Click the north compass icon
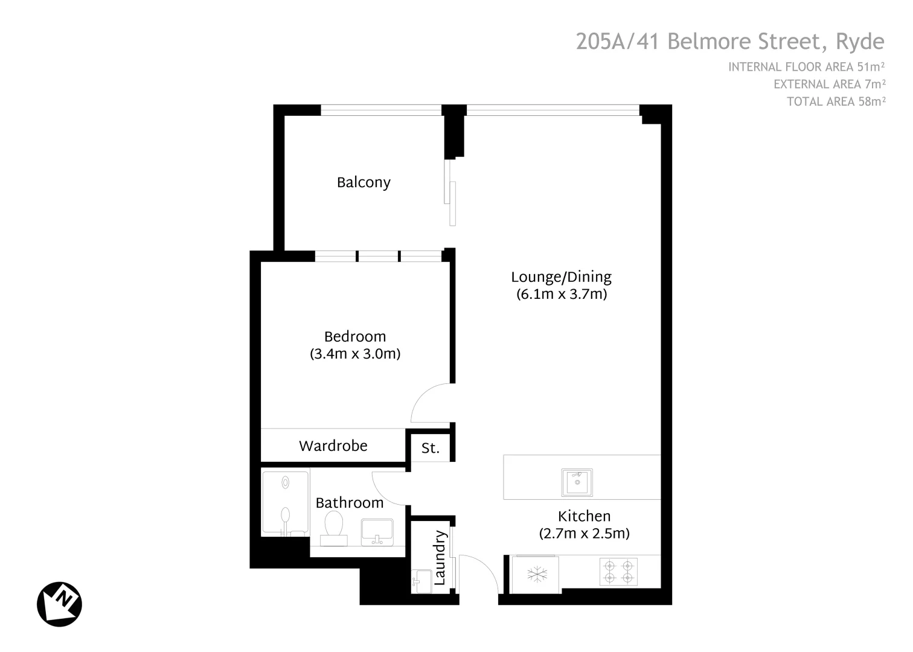(x=59, y=604)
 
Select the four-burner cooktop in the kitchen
(x=619, y=572)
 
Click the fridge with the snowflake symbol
(x=536, y=574)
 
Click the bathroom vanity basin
(x=377, y=532)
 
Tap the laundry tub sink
(x=421, y=581)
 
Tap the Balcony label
(x=364, y=182)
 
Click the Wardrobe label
(x=333, y=446)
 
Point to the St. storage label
(x=431, y=449)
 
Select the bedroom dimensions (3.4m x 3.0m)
(x=355, y=354)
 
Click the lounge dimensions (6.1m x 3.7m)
(x=562, y=295)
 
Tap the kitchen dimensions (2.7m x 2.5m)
(x=584, y=534)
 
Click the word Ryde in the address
(x=860, y=42)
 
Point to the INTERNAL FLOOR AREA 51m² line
(x=807, y=67)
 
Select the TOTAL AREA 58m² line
(x=836, y=101)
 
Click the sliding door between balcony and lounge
(x=450, y=192)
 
